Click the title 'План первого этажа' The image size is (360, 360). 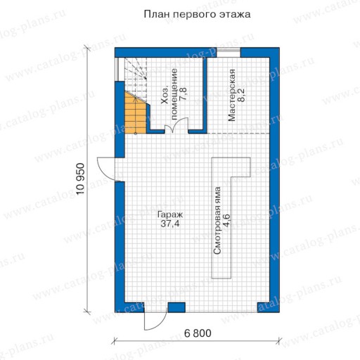[x=197, y=15]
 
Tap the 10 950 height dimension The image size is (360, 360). [x=80, y=179]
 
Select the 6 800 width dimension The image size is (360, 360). [x=198, y=333]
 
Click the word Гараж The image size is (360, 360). [x=170, y=215]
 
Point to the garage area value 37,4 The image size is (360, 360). [x=170, y=224]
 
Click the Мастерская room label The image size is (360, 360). [x=231, y=95]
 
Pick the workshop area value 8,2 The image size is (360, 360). [x=240, y=95]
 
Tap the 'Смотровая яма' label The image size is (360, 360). [x=217, y=221]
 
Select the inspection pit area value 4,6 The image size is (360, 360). [x=226, y=221]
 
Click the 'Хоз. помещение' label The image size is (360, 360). [x=169, y=94]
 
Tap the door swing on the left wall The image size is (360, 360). [x=107, y=169]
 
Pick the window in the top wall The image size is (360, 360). [x=229, y=53]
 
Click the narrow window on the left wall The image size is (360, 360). [x=117, y=69]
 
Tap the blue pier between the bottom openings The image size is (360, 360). [x=176, y=307]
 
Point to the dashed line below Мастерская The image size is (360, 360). [x=238, y=133]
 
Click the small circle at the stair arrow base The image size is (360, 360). [x=136, y=134]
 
